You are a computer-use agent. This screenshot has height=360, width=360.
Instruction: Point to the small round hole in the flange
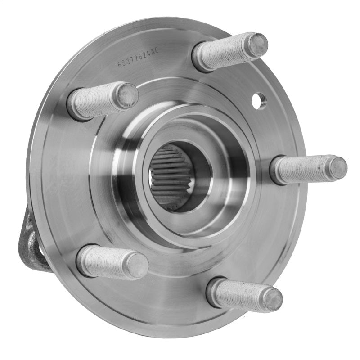pos(259,100)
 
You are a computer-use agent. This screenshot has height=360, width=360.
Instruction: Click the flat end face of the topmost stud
pos(257,45)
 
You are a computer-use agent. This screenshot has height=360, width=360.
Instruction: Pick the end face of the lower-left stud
pos(137,265)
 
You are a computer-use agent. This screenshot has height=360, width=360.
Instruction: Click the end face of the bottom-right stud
pos(273,299)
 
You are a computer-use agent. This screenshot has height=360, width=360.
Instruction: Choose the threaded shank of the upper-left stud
pos(97,101)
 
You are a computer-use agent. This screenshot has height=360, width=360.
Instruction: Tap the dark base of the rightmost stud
pos(275,171)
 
